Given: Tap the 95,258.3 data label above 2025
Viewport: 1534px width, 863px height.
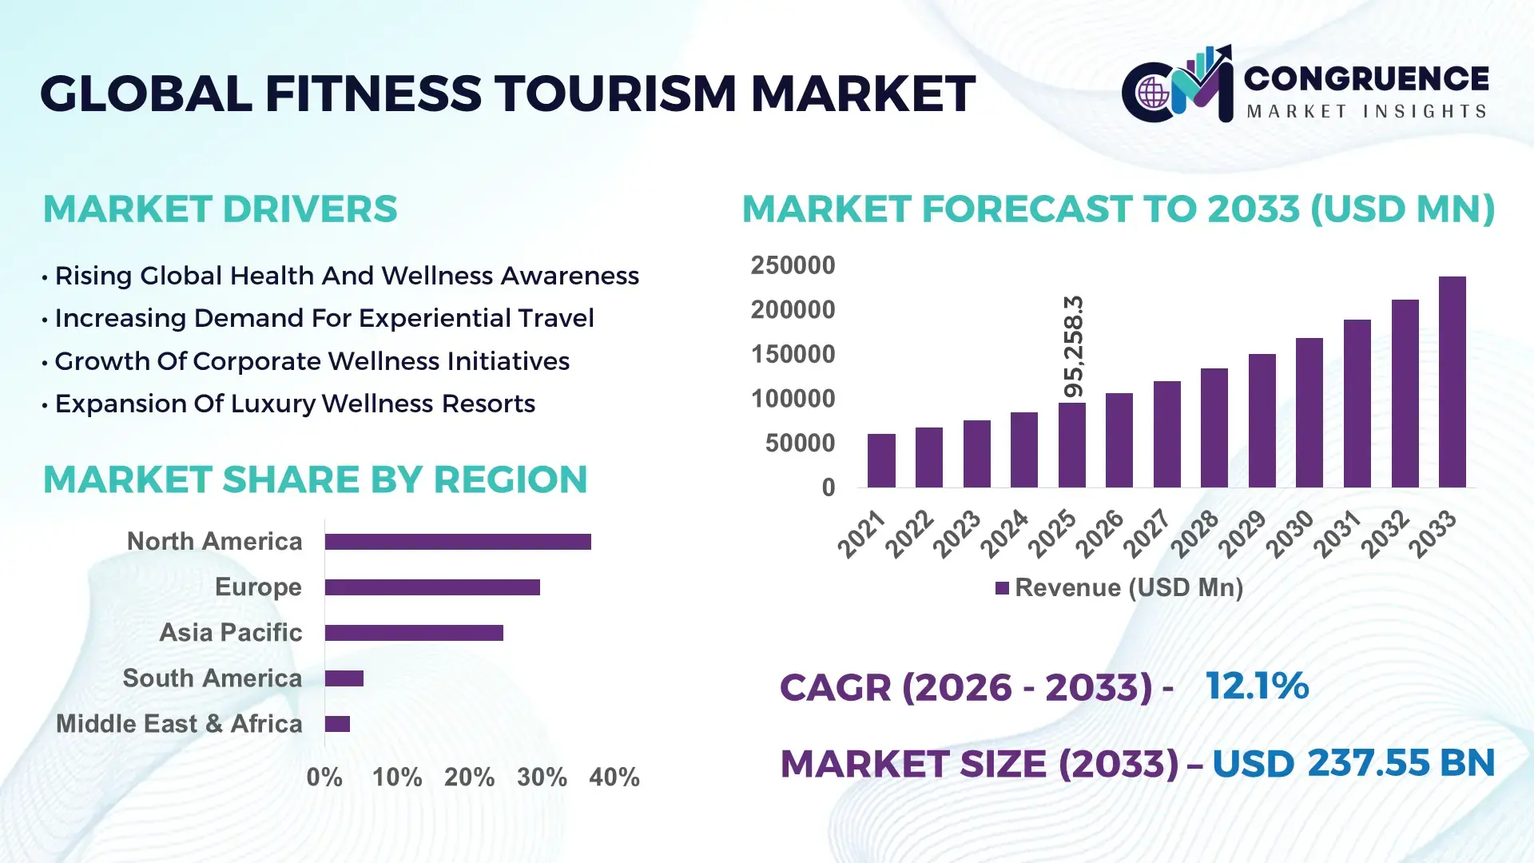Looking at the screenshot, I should click(x=1074, y=347).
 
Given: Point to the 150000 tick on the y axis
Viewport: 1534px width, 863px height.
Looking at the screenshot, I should click(x=793, y=354).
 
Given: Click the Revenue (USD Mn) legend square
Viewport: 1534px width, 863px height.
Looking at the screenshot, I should click(x=1002, y=588).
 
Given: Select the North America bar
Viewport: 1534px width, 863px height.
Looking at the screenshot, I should click(x=458, y=542).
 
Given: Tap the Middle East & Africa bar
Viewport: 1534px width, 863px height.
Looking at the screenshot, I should click(x=337, y=724).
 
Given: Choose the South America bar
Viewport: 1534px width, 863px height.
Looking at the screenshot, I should click(x=344, y=678).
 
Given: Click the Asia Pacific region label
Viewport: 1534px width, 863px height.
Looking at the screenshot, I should click(x=231, y=633).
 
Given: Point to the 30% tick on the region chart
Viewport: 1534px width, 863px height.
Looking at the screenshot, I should click(x=542, y=777).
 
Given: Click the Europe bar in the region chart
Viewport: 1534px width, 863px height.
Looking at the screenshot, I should click(x=432, y=587).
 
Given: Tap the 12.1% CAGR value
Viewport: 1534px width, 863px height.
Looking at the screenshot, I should click(x=1257, y=686).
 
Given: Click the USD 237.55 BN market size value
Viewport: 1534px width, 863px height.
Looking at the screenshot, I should click(x=1353, y=763).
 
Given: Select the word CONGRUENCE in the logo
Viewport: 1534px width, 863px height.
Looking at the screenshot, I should click(x=1366, y=78).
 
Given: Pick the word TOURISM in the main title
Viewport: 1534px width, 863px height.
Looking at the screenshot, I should click(x=614, y=93).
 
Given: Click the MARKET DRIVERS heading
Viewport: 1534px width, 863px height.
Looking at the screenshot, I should click(x=220, y=209).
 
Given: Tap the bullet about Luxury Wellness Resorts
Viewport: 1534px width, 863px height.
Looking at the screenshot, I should click(x=295, y=404).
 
